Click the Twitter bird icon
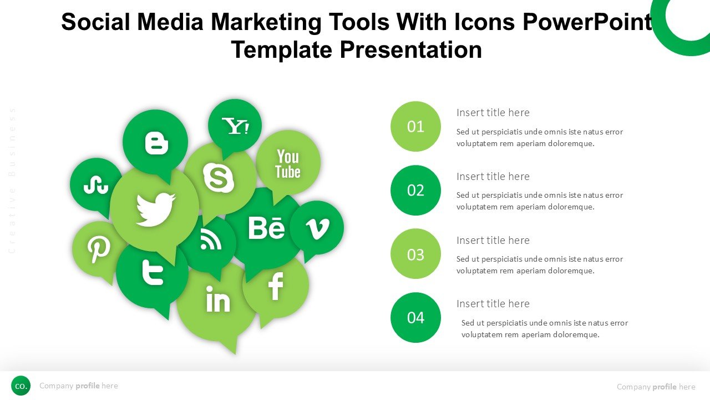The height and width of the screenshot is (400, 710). click(155, 209)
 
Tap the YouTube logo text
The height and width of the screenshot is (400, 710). click(288, 164)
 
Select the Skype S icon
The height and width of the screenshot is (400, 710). click(219, 178)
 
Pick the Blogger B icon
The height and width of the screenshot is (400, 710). click(156, 144)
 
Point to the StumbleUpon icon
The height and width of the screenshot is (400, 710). click(96, 185)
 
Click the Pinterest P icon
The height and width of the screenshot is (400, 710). click(99, 250)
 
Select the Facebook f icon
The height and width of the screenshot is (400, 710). click(276, 286)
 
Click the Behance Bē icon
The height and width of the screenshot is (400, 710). click(267, 228)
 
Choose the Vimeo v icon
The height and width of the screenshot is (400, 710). click(318, 228)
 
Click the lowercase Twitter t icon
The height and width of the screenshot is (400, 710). click(153, 272)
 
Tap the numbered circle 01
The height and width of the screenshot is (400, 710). click(415, 126)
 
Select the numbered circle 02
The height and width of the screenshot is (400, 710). click(415, 190)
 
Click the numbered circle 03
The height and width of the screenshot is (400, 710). click(415, 254)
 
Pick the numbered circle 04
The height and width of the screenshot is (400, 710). click(415, 317)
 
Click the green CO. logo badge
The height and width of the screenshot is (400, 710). click(21, 386)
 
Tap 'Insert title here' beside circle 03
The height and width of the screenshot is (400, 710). click(493, 241)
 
